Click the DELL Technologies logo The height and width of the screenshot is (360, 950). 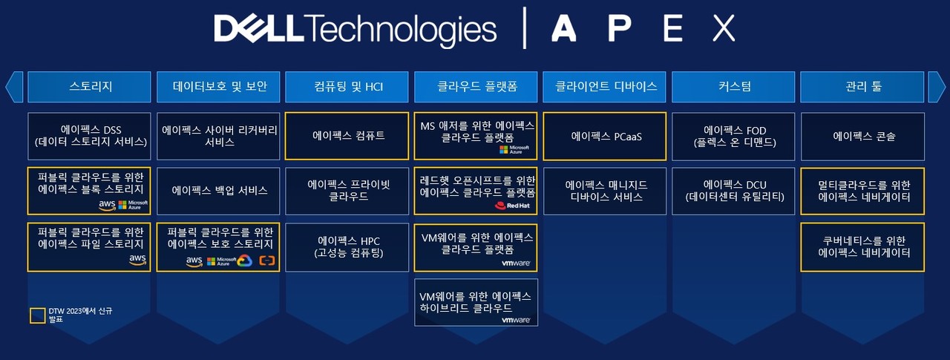pos(355,29)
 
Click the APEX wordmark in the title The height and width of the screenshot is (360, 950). pos(643,29)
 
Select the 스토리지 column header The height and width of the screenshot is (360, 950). pos(89,87)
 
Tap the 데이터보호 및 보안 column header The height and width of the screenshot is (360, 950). pos(218,87)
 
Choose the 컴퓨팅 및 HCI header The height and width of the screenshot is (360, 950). pos(347,87)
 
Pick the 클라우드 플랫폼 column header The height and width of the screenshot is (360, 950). pos(476,87)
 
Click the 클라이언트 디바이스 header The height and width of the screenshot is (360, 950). pos(605,87)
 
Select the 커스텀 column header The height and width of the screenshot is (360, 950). pos(733,87)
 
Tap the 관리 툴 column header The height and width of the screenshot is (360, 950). pos(862,87)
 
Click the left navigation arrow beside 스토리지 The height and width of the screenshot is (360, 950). pos(14,87)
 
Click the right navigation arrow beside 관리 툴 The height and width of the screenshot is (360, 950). pos(936,87)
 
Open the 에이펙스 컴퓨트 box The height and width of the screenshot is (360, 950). pos(347,136)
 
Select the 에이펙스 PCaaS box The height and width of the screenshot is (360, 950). pos(605,136)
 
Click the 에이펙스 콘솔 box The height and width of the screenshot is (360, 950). pos(862,136)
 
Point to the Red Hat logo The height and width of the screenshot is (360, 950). pos(511,206)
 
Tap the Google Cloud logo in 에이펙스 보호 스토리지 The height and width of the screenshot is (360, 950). pos(245,261)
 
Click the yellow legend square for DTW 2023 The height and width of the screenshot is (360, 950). pos(37,315)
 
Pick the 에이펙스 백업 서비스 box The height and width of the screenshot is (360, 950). pos(218,191)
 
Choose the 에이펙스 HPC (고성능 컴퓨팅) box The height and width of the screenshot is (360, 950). pos(347,247)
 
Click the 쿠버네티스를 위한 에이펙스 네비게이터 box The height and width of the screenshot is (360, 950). pos(862,247)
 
